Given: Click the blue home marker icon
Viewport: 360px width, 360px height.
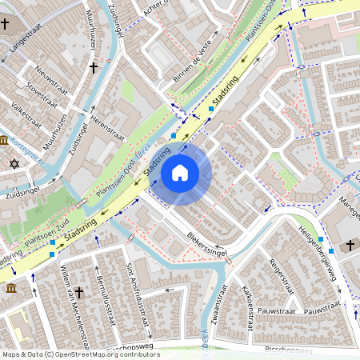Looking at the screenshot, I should pos(180,173).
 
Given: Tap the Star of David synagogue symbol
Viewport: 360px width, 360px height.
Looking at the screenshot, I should pos(13,164).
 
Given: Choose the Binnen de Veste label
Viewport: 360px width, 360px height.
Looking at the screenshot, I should pos(193,65).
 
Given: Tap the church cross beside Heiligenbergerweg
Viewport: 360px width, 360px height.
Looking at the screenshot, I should pos(350,245).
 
